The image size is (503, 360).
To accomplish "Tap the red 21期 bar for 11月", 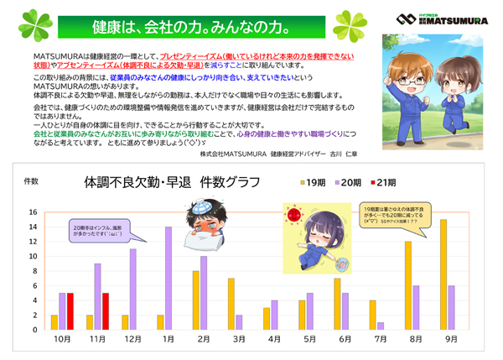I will [106, 311].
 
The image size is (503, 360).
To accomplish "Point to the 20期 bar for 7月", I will [381, 326].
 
